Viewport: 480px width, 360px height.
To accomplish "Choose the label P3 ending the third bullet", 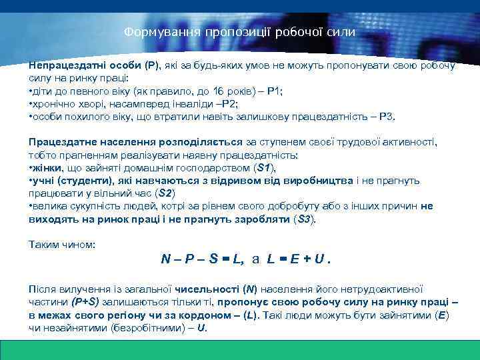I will [x=387, y=117].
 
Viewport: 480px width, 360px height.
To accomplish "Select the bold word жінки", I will [x=46, y=167].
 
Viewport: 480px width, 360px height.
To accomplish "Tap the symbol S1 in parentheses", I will [x=264, y=167].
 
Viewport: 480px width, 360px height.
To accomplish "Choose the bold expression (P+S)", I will [x=85, y=301].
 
